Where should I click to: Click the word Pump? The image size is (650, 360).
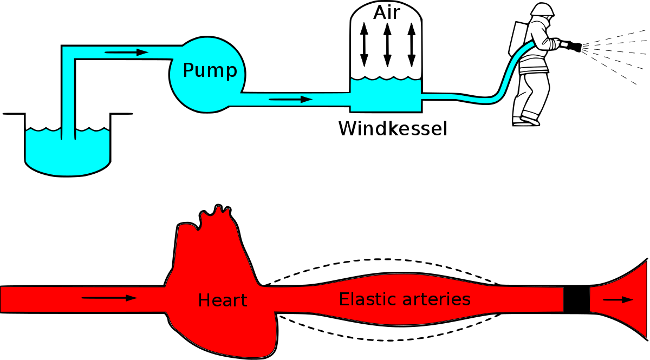210,71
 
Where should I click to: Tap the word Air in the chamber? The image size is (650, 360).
386,12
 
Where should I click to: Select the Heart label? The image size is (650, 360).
222,300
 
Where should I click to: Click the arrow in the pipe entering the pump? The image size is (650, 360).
126,53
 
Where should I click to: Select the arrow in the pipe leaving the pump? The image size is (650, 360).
290,100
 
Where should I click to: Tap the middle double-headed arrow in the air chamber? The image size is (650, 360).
387,44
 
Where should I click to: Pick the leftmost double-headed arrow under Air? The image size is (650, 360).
364,44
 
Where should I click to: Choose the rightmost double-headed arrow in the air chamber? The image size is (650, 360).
411,44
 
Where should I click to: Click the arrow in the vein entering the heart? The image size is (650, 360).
109,298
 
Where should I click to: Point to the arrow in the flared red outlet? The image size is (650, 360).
617,299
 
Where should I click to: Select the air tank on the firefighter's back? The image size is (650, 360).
517,38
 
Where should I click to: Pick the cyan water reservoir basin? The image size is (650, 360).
67,154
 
